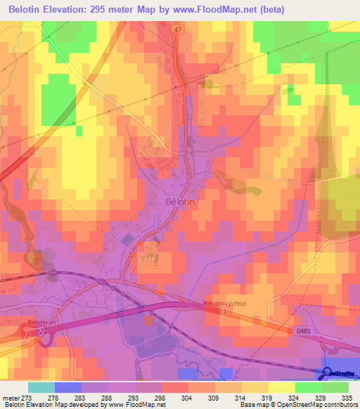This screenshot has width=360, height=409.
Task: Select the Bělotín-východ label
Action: (225, 303)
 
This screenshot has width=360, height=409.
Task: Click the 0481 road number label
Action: (303, 330)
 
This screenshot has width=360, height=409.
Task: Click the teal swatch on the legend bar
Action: (41, 387)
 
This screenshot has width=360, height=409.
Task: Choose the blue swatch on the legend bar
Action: (67, 387)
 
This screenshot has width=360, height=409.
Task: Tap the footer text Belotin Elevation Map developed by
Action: (60, 405)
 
